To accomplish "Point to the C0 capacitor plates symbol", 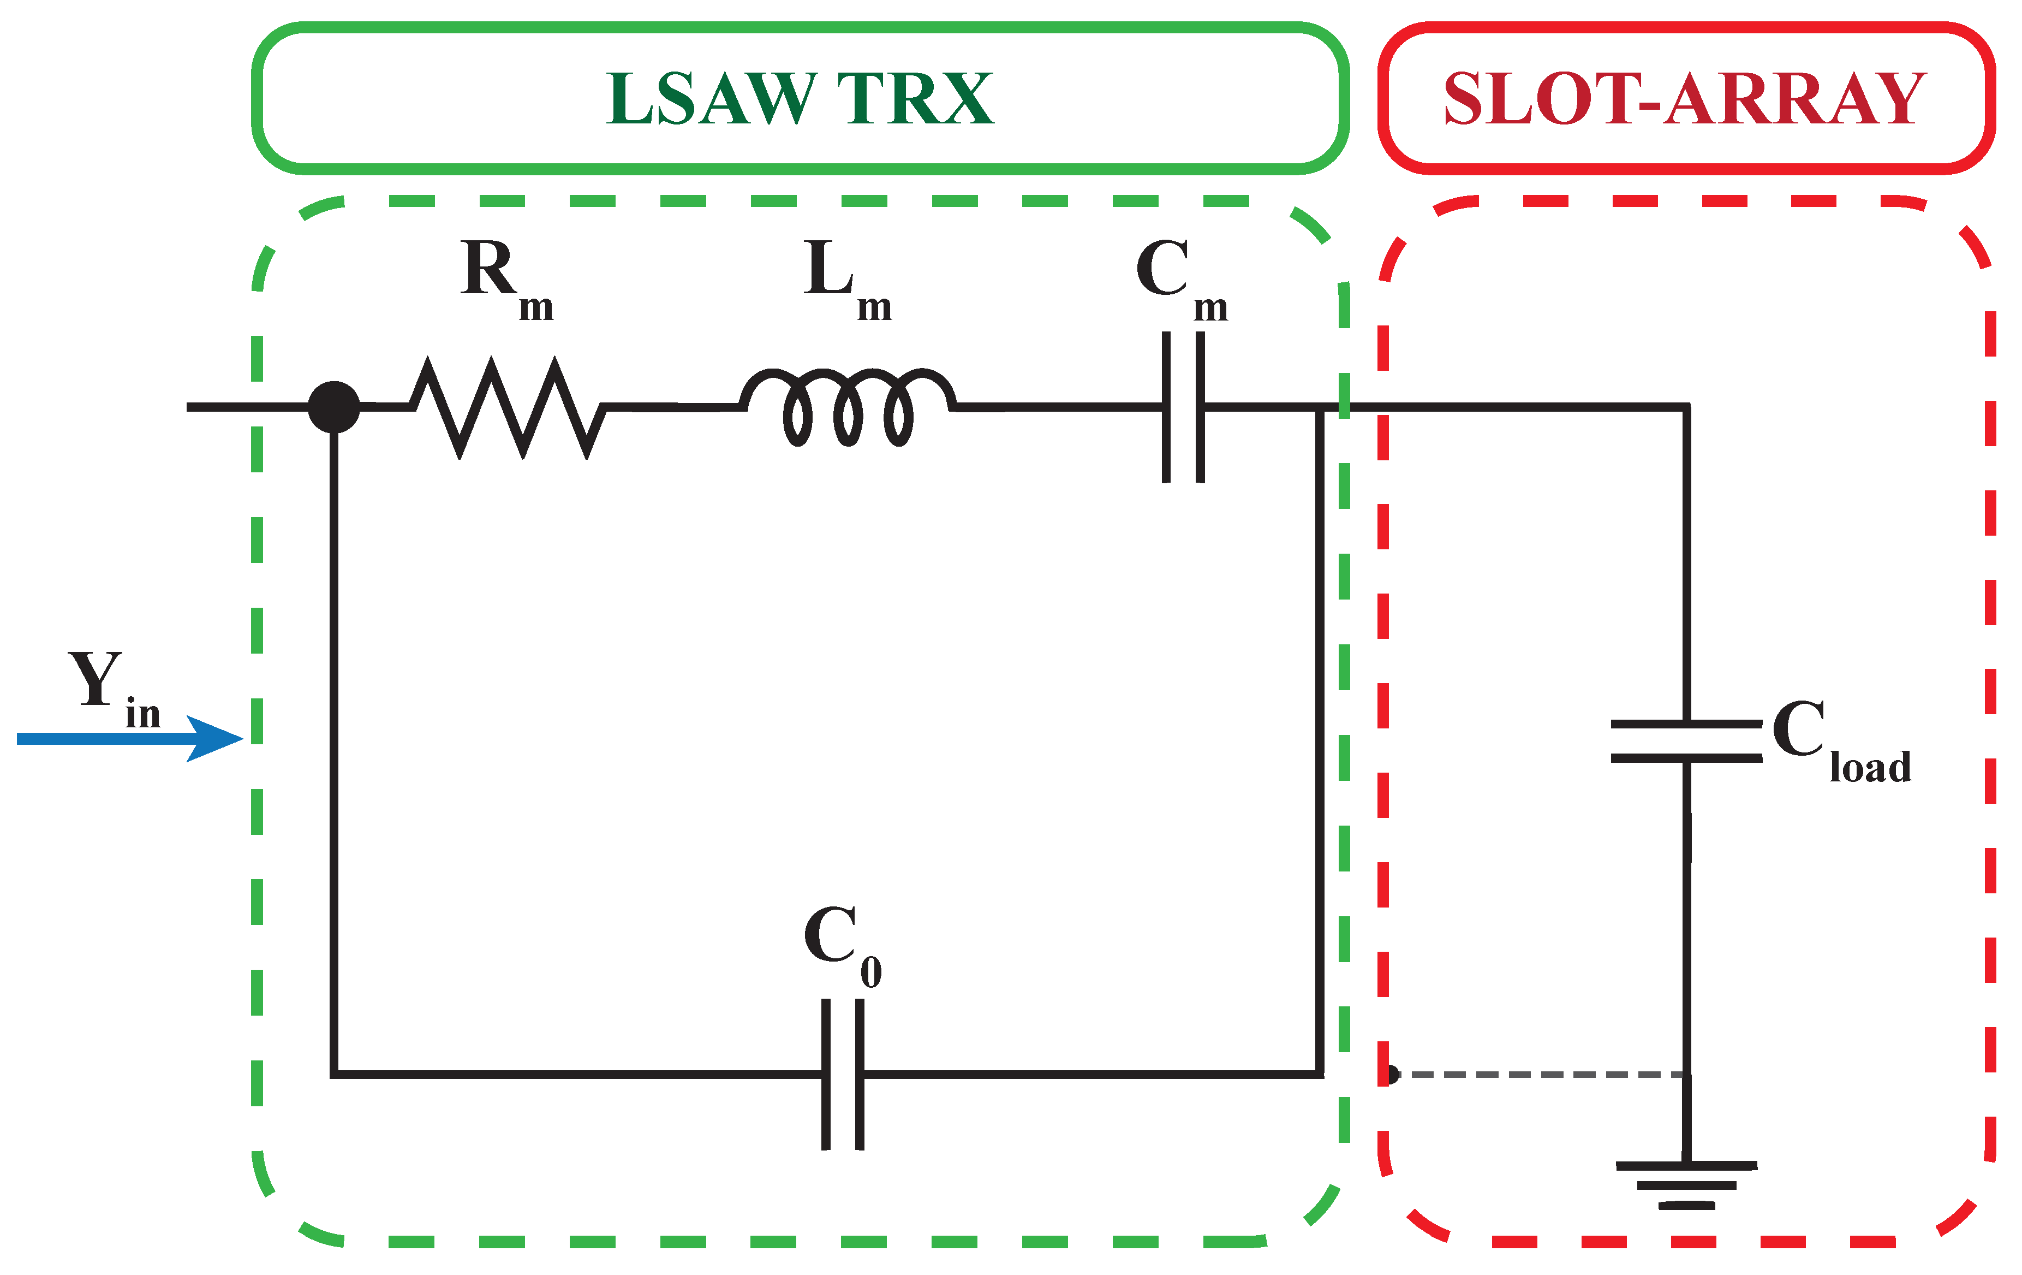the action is pos(842,1074).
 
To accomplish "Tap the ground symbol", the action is pos(1686,1185).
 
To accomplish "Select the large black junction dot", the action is pos(334,407).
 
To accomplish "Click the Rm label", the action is pos(507,280).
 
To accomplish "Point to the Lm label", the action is pos(847,280).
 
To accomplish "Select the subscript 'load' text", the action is pos(1871,766).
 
